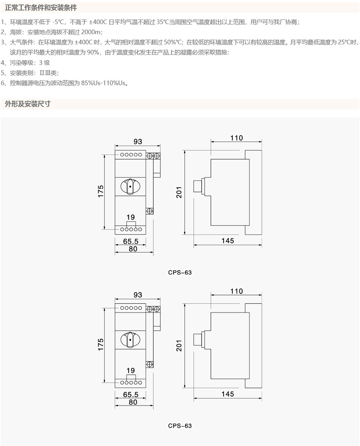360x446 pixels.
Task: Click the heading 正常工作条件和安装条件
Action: (41, 8)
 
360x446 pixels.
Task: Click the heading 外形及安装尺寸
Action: (28, 104)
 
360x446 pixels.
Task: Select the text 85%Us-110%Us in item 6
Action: (104, 83)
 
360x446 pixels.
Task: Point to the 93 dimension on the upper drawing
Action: (138, 141)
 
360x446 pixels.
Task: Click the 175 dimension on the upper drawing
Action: (101, 191)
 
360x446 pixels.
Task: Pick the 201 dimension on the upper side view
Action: (179, 192)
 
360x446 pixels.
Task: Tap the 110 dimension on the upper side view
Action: (237, 138)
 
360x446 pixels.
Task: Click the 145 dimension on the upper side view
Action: (228, 240)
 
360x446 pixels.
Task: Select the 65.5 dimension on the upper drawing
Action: (131, 242)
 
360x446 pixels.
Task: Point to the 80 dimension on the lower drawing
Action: (133, 402)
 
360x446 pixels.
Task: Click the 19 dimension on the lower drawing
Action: (131, 370)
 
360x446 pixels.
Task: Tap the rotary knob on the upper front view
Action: (130, 186)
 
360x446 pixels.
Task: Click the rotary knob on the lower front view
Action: (130, 340)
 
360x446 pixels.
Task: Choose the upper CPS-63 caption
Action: (180, 272)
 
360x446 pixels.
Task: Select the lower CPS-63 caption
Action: (180, 426)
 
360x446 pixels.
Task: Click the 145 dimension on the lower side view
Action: (228, 394)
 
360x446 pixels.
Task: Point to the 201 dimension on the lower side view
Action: (179, 346)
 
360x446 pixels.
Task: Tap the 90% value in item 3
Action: (93, 53)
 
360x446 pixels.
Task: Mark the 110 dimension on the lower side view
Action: (237, 291)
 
